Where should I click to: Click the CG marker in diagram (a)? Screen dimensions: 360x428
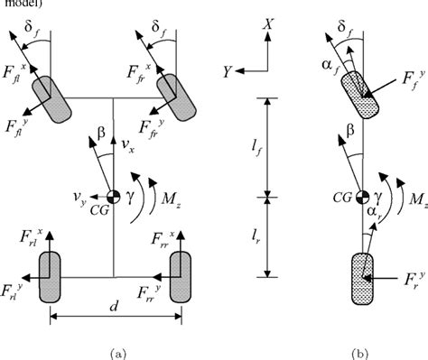point(114,196)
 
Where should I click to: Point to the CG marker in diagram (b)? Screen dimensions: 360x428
point(362,196)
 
